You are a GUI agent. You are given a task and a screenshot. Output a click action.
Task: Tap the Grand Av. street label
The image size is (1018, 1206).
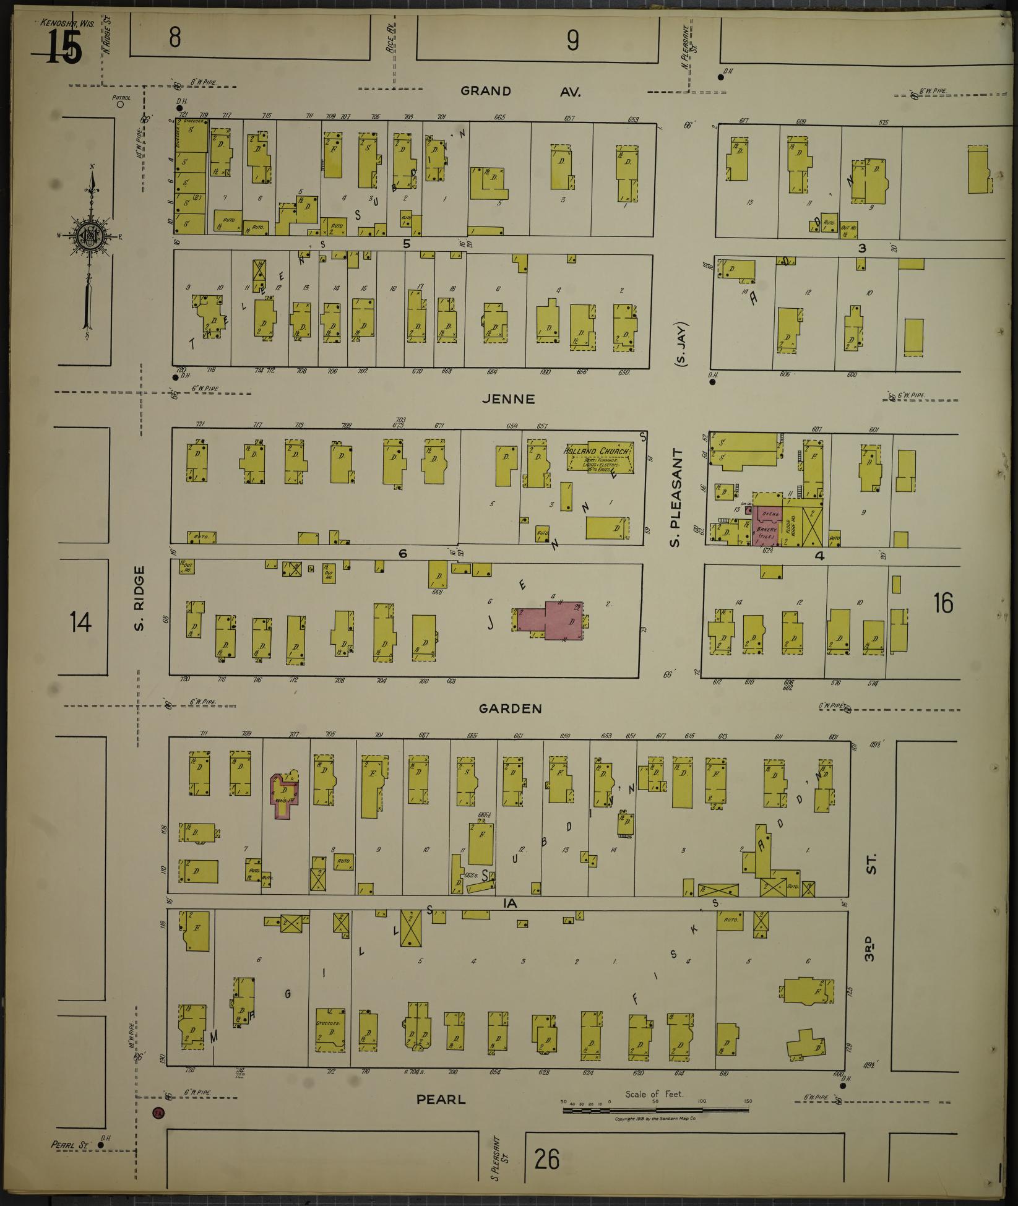(x=520, y=92)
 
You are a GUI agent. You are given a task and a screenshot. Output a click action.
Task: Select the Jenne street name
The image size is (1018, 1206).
(x=507, y=399)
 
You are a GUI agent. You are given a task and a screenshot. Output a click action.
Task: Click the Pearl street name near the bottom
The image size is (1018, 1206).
(x=441, y=1100)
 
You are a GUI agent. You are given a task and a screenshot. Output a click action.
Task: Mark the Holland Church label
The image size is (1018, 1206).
(x=598, y=451)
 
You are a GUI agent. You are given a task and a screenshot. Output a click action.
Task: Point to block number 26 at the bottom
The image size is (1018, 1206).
(x=548, y=1159)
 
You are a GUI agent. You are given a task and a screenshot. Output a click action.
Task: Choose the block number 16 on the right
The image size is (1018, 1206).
(x=943, y=603)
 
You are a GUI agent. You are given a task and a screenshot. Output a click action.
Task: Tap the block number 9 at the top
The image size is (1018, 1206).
(x=572, y=41)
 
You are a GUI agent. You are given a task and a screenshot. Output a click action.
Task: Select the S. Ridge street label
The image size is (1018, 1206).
(x=139, y=599)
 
